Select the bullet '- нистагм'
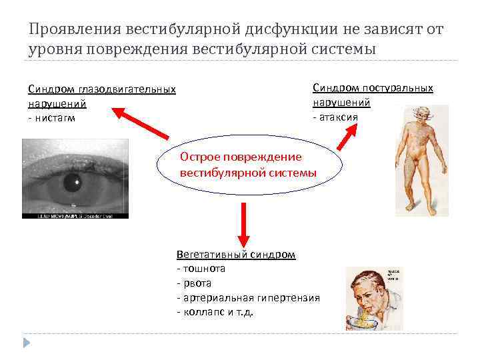point(52,118)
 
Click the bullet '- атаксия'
point(335,117)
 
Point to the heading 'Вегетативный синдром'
point(236,254)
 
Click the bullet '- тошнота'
point(201,269)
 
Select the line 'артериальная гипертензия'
point(251,297)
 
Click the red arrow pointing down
point(243,223)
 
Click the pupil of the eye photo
point(73,181)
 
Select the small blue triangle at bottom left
point(27,343)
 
